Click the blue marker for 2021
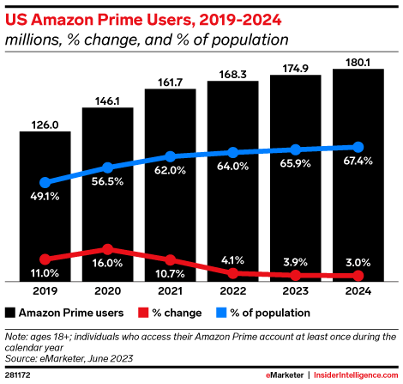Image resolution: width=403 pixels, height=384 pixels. point(170,156)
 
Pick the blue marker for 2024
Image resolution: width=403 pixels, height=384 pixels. point(358,147)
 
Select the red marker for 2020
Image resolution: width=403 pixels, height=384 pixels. point(107,248)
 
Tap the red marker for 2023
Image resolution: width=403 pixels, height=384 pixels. point(295,275)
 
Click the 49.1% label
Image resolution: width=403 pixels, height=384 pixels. point(45,197)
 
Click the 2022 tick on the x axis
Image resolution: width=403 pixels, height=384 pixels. point(232,291)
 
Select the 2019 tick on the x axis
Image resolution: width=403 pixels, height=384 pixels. point(45,291)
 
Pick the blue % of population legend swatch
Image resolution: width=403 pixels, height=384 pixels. point(220,313)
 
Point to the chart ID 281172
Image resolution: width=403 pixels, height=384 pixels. point(18,375)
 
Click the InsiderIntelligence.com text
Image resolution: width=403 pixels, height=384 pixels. point(352,375)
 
